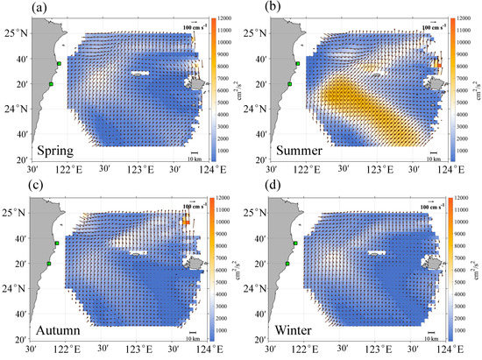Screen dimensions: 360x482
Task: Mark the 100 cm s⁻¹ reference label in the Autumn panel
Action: coord(193,207)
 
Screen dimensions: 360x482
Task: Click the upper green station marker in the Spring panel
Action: coord(58,64)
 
